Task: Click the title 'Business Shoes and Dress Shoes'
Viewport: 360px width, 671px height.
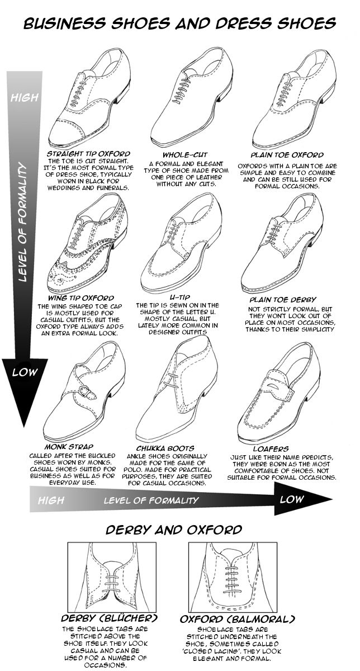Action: pos(179,23)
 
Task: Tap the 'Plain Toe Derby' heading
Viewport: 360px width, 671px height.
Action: pos(283,300)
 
